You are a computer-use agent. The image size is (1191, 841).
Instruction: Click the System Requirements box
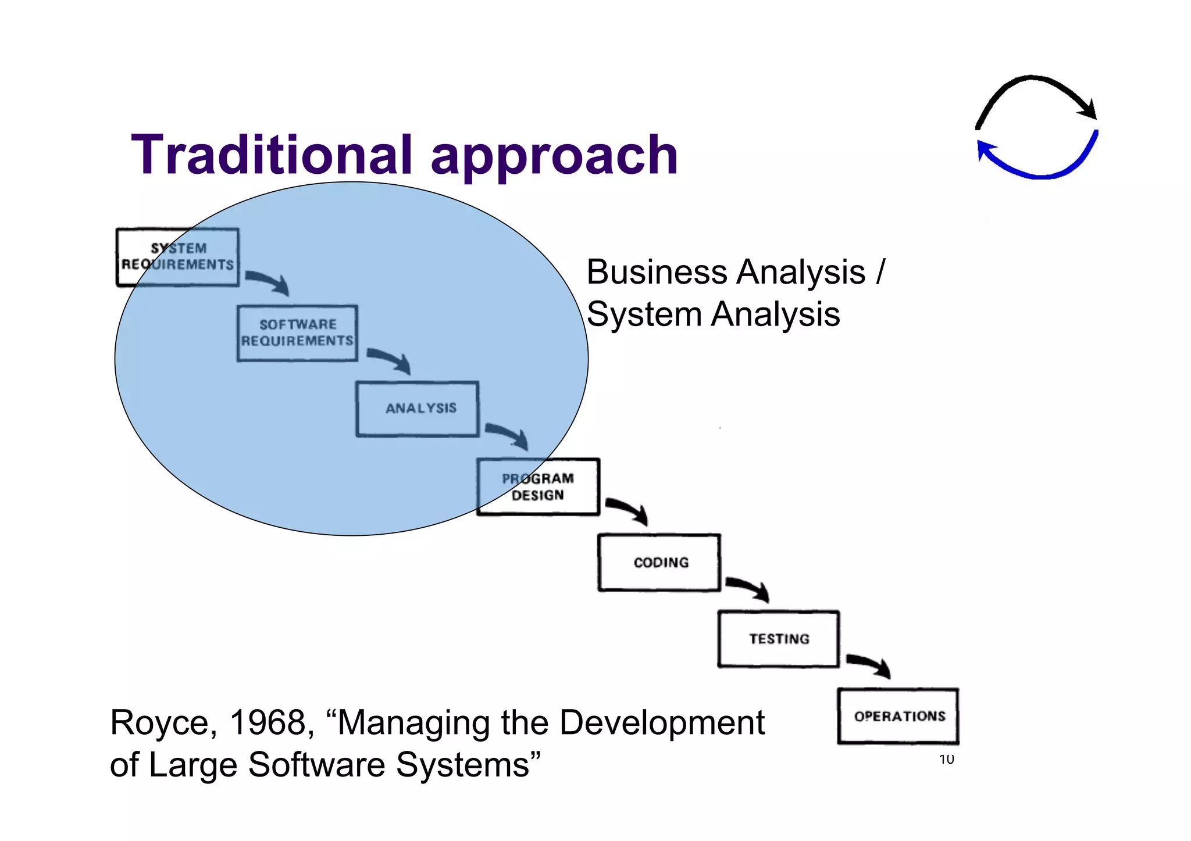point(177,257)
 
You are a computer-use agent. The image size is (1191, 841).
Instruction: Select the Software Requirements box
point(297,333)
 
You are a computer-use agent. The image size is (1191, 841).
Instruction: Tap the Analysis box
point(418,409)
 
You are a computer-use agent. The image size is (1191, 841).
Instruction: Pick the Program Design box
point(538,486)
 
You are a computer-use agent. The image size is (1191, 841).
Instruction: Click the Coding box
point(659,563)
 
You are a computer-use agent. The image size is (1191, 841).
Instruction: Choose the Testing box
point(779,639)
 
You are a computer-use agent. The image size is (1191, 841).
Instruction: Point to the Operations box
point(898,716)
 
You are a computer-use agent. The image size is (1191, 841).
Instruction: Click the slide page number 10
point(946,759)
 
